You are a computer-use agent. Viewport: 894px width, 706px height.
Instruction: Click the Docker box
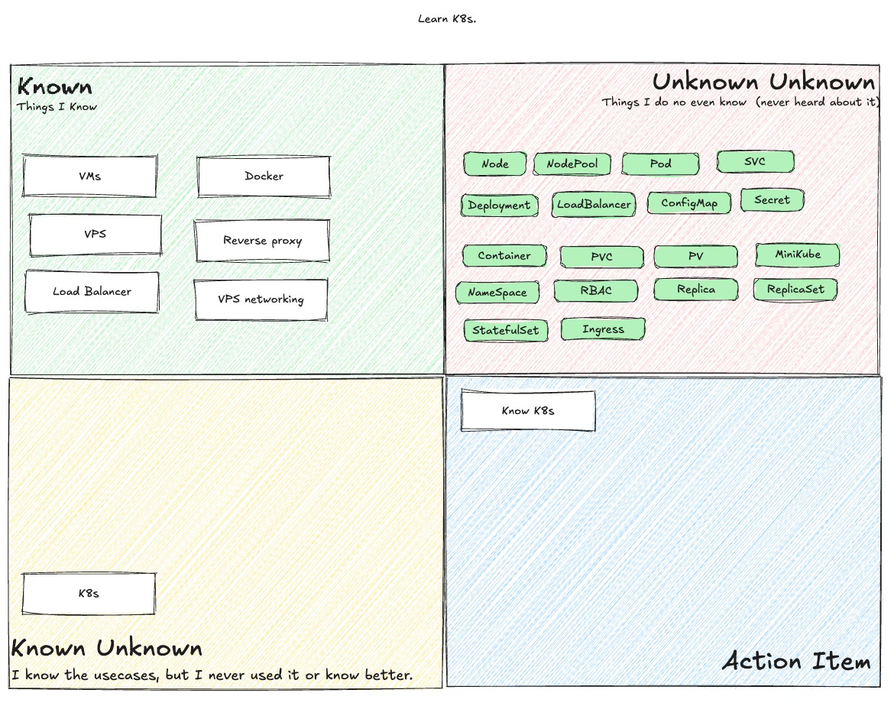[264, 176]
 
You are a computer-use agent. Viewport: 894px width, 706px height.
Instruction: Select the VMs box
[89, 176]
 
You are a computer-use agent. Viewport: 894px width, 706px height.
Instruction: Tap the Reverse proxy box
[262, 241]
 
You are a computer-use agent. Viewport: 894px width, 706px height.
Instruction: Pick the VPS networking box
[261, 300]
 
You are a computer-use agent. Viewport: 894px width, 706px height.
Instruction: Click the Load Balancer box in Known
[92, 292]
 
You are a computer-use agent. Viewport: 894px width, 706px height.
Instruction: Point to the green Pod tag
[660, 164]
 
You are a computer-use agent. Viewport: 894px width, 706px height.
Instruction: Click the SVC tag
[755, 161]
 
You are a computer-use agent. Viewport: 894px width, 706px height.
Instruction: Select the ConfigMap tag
[689, 203]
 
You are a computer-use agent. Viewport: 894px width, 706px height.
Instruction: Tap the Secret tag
[772, 200]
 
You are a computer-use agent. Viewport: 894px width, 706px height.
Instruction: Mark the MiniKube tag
[798, 254]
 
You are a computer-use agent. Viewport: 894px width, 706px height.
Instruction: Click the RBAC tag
[595, 290]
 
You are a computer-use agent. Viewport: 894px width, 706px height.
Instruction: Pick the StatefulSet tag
[505, 330]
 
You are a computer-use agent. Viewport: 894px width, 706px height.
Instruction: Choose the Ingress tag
[603, 329]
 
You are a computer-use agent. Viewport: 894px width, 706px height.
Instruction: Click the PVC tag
[601, 257]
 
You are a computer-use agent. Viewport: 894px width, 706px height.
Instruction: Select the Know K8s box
[528, 411]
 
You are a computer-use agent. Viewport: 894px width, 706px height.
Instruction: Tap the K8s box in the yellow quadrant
[89, 594]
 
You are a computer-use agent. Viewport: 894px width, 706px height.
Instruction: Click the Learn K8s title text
[447, 18]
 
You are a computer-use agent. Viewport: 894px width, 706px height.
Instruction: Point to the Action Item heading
[796, 661]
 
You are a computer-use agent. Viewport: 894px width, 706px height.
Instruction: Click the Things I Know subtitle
[57, 107]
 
